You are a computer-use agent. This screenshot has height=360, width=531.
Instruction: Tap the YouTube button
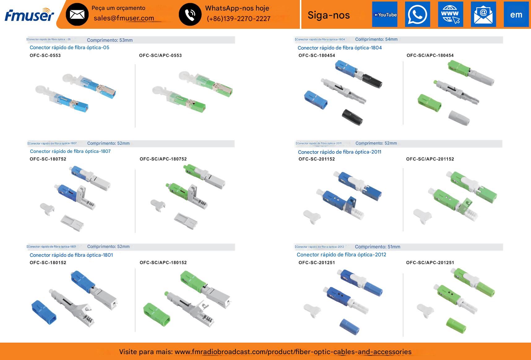point(385,15)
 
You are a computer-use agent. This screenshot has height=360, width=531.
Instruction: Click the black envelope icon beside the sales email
point(77,14)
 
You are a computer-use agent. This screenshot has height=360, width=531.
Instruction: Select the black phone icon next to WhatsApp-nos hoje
point(190,14)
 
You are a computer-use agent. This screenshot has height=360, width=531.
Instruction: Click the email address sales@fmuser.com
point(124,18)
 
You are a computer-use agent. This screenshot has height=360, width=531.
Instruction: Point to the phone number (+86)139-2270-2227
point(238,19)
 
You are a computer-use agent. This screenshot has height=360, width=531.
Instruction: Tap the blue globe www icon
point(451,15)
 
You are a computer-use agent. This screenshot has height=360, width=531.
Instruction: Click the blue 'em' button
point(516,15)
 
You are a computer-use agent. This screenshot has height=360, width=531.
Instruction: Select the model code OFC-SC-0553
point(45,56)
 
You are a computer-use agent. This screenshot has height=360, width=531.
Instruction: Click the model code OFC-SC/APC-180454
point(430,56)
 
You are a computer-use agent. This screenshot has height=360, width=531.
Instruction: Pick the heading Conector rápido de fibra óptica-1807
point(70,151)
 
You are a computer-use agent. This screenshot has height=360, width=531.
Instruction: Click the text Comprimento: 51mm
point(378,247)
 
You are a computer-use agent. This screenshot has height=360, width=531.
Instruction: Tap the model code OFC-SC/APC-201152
point(430,159)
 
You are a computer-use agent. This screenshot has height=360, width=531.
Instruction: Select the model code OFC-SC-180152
point(48,263)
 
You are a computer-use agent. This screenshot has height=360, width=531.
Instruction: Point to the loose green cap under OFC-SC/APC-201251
point(456,325)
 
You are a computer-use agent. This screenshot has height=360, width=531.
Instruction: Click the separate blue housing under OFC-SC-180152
point(44,311)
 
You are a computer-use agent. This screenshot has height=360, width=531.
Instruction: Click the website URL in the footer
point(293,352)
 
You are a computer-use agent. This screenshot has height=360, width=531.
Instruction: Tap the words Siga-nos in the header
point(329,15)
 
